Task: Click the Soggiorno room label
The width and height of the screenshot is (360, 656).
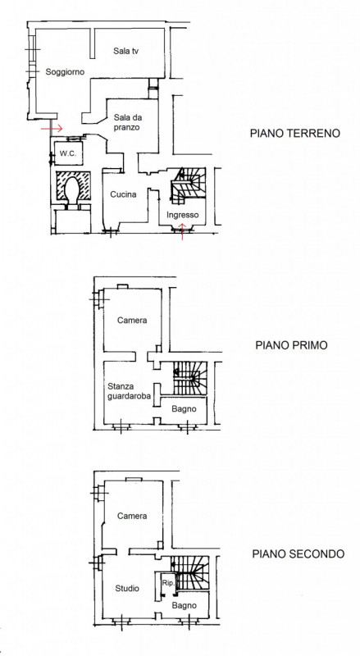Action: click(65, 72)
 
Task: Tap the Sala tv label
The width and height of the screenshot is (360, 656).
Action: click(125, 51)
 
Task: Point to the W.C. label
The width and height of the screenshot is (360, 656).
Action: click(67, 153)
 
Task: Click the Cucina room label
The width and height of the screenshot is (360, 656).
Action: click(123, 194)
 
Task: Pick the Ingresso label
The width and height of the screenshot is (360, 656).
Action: click(182, 215)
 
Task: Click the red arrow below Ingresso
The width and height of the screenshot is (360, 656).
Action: click(182, 232)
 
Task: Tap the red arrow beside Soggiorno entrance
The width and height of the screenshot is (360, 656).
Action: click(52, 129)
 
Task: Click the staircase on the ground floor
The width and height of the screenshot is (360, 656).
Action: click(188, 186)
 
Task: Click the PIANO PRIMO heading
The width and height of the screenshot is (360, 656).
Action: click(291, 345)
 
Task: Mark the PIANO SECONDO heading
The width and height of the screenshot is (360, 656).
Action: click(298, 554)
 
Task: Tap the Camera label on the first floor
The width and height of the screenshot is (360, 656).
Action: click(132, 321)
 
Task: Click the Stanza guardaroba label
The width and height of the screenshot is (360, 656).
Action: click(129, 392)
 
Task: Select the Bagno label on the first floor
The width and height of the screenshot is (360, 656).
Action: click(184, 408)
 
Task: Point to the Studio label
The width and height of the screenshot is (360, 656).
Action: click(127, 589)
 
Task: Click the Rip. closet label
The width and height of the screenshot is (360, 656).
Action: click(166, 583)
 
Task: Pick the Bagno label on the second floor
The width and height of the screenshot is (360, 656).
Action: click(184, 605)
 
